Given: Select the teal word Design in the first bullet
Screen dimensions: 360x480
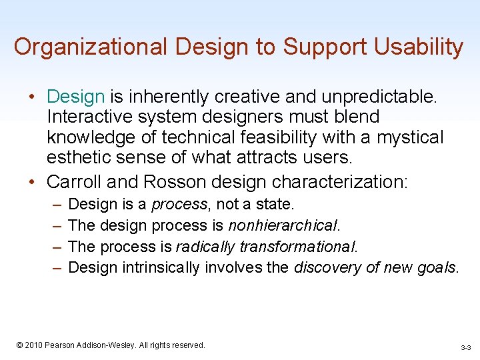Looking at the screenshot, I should tap(76, 96).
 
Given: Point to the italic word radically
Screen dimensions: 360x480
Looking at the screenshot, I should tap(205, 247).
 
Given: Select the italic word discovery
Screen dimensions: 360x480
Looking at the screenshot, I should tap(326, 268).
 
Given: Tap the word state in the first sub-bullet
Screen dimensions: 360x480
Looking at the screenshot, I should tap(277, 204).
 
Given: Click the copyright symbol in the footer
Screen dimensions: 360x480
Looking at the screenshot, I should tap(20, 345).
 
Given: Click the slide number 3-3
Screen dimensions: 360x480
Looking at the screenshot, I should tap(465, 347).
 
